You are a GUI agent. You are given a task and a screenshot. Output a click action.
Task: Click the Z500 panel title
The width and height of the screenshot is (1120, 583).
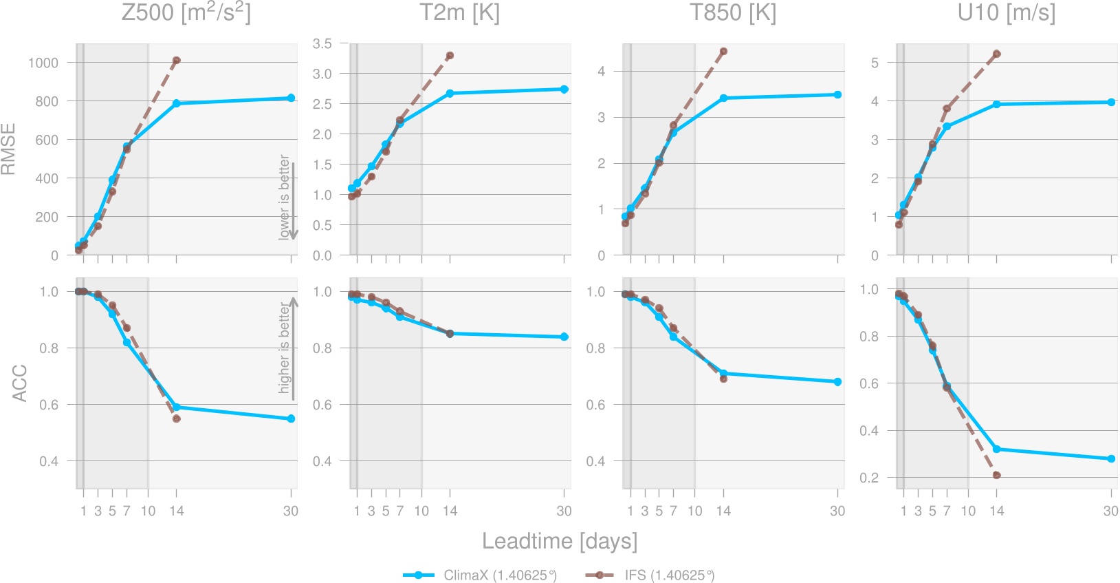(186, 13)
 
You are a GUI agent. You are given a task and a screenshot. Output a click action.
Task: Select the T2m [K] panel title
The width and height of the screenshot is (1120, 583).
(459, 13)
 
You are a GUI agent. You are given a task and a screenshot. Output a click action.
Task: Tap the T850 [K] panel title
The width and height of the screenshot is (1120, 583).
(733, 13)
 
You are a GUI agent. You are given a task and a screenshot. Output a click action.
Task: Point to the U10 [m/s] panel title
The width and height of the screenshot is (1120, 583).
(1006, 13)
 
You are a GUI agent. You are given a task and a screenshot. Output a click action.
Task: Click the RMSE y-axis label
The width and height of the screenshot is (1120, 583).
(9, 149)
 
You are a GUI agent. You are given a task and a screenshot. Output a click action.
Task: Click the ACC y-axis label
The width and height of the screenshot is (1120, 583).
(19, 383)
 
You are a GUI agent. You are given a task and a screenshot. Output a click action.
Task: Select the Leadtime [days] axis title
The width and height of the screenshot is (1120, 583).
(560, 541)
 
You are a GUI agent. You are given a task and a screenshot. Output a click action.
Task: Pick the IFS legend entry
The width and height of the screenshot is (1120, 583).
(650, 575)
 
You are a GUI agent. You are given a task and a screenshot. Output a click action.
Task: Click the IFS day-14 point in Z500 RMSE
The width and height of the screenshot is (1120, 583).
(177, 61)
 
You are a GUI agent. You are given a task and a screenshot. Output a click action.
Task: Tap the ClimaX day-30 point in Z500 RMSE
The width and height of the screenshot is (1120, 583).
(291, 98)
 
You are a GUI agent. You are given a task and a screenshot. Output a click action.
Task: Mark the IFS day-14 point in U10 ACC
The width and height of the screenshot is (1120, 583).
(997, 475)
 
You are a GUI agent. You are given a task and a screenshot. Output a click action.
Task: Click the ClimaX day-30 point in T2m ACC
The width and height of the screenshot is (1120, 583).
(564, 337)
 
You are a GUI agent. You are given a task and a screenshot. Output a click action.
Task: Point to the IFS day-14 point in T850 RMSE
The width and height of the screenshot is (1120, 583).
(723, 52)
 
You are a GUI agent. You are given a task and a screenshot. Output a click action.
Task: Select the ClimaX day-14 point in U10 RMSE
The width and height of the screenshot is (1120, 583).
(997, 105)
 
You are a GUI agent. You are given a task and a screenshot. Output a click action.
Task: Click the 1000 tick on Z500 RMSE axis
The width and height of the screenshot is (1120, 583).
(43, 63)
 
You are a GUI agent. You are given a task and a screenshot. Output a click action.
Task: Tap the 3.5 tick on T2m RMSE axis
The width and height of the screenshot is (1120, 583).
(322, 43)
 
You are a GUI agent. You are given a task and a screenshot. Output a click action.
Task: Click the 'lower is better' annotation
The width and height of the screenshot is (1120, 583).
(285, 197)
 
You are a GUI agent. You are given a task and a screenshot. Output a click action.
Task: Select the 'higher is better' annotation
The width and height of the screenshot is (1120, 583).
(285, 348)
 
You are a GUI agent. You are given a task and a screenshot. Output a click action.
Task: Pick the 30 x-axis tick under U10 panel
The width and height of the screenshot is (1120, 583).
(1110, 511)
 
